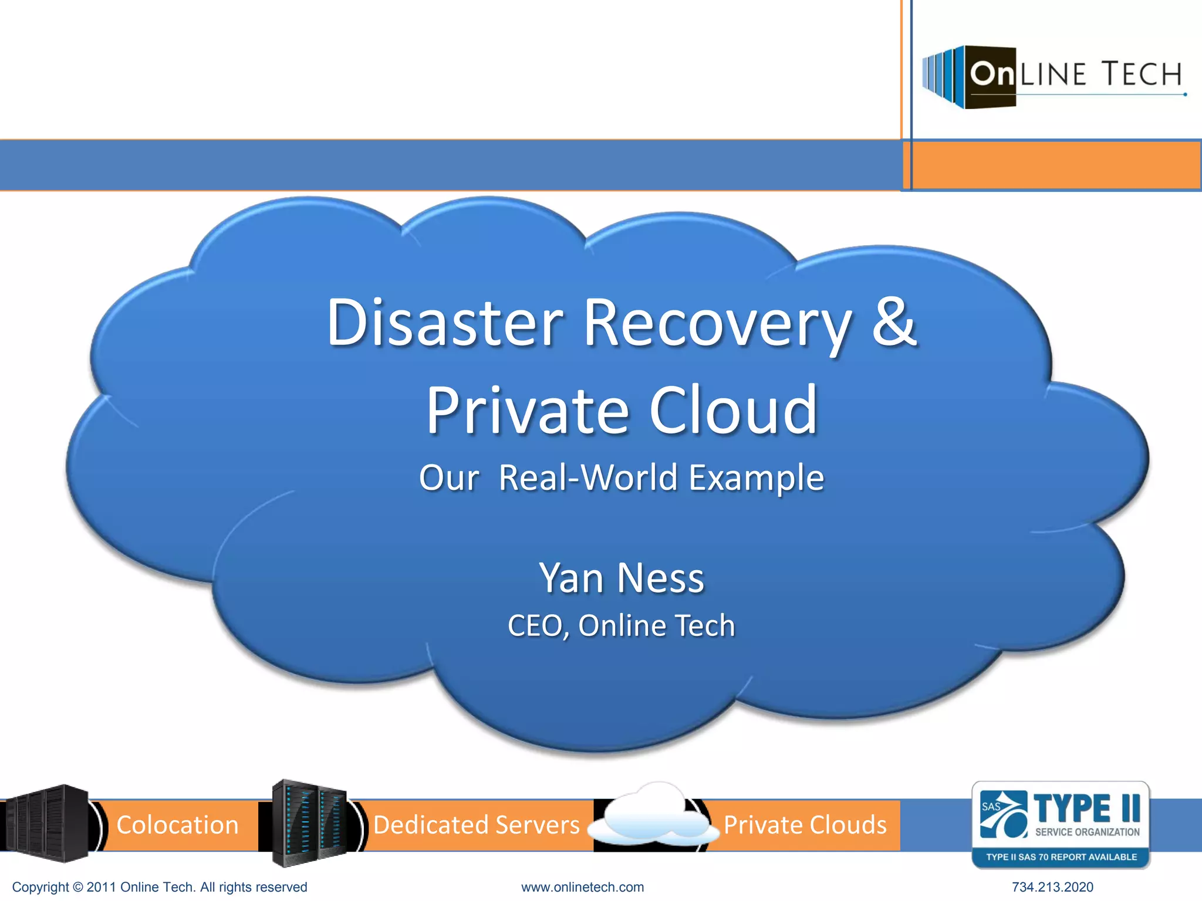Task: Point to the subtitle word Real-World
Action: pos(590,477)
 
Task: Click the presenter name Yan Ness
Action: pos(621,578)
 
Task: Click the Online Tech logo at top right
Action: pos(1053,76)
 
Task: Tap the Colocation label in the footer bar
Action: pos(177,825)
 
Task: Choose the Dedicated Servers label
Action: pos(476,825)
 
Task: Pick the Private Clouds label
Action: pos(805,825)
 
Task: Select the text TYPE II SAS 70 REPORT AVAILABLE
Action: pos(1061,857)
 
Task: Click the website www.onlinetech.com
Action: pos(582,887)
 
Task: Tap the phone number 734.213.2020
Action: pos(1052,887)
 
